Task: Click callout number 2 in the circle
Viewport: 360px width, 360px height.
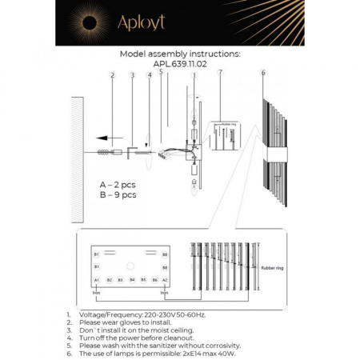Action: (x=113, y=75)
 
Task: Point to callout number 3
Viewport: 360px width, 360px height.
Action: (x=132, y=75)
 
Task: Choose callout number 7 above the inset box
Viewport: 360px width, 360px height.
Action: (x=220, y=73)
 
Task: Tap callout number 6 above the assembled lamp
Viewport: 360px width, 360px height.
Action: (x=262, y=73)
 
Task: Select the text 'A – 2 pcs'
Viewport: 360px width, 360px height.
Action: (x=118, y=183)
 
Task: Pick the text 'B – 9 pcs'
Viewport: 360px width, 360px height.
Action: (x=118, y=194)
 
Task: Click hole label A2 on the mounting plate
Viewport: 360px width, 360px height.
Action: (x=165, y=280)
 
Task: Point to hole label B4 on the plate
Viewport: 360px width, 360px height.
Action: (x=131, y=280)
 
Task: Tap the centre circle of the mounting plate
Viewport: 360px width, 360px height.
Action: (x=130, y=263)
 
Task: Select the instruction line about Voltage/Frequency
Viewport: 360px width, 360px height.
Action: (x=137, y=315)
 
